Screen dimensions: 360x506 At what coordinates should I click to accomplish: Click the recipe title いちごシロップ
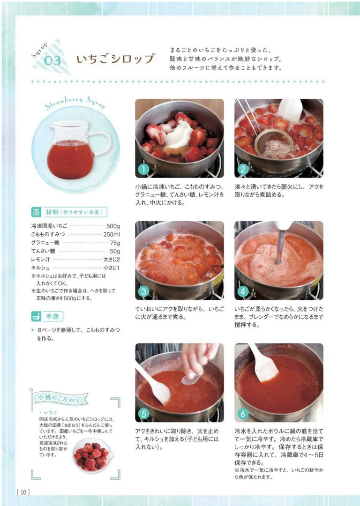point(115,59)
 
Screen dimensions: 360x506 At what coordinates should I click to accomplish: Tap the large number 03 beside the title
point(52,60)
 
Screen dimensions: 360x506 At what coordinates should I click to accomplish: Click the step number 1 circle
point(143,170)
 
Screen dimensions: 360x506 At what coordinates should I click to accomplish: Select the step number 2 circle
point(243,170)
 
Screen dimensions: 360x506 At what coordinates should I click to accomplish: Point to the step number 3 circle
point(143,292)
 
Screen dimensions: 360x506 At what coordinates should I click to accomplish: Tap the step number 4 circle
point(243,292)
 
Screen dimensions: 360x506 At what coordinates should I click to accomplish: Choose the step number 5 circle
point(143,414)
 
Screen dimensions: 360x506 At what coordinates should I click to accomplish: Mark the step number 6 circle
point(243,414)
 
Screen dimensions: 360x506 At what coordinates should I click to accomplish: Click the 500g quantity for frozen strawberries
point(113,226)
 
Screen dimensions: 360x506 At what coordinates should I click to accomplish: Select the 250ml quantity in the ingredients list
point(112,235)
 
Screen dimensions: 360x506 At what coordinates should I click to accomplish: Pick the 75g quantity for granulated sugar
point(115,243)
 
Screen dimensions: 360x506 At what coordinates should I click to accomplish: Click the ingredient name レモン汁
point(41,260)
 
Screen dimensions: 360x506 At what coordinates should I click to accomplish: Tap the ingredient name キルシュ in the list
point(40,268)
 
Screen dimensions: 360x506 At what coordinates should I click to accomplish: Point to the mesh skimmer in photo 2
point(274,144)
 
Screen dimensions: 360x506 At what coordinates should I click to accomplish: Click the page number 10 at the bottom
point(23,492)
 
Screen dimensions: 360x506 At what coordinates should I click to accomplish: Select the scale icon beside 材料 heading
point(36,212)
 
